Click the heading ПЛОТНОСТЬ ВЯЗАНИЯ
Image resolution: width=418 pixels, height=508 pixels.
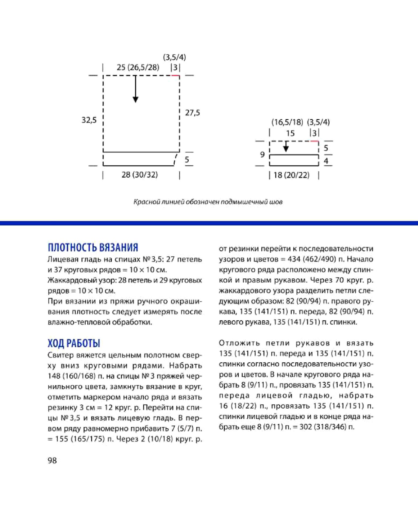[x=93, y=247]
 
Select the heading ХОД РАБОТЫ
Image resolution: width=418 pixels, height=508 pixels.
[x=74, y=343]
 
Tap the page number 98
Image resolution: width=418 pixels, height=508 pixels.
[x=52, y=460]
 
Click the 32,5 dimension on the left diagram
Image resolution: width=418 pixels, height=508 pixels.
[x=89, y=120]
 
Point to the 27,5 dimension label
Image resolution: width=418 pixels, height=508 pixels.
[x=192, y=113]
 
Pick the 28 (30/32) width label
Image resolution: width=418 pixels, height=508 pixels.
[x=140, y=175]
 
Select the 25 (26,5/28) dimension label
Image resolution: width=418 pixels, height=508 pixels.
[x=138, y=67]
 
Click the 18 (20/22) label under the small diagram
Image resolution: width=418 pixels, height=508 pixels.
[x=291, y=175]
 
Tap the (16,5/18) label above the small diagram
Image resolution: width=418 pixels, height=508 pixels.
[x=287, y=122]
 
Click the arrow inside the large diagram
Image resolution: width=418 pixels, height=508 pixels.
[x=136, y=89]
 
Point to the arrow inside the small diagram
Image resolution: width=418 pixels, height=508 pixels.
[x=286, y=146]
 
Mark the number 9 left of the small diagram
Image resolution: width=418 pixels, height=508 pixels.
[x=262, y=154]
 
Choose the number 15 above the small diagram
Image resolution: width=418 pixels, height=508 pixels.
[x=290, y=133]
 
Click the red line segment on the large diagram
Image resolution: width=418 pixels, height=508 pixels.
[x=175, y=75]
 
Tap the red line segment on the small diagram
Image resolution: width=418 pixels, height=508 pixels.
[x=314, y=141]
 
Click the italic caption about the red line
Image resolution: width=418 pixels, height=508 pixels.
[x=208, y=202]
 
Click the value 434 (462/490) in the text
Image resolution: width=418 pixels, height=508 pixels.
[x=312, y=259]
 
